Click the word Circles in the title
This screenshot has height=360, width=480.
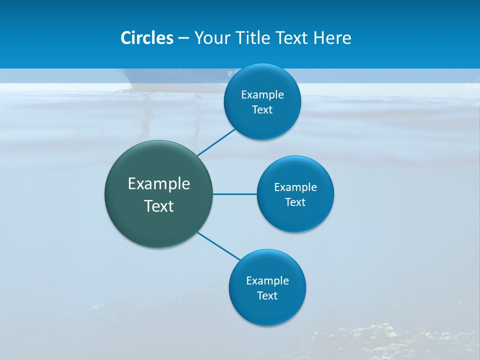[x=147, y=38]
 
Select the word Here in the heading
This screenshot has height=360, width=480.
[x=333, y=38]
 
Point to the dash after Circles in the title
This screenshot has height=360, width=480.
[x=183, y=38]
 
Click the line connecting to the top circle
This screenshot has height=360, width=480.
[x=216, y=142]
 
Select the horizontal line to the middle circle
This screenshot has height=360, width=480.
[x=235, y=194]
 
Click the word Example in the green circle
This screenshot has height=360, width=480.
[x=159, y=184]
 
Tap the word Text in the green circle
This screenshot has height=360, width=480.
[x=159, y=206]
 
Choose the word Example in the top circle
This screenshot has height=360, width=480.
[x=262, y=95]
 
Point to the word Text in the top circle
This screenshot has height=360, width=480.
[x=262, y=110]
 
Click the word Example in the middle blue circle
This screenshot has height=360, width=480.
[x=295, y=187]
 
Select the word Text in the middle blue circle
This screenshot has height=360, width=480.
[x=295, y=202]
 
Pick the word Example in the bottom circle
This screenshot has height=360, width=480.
[x=267, y=281]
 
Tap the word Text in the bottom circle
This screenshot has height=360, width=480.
[x=267, y=296]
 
